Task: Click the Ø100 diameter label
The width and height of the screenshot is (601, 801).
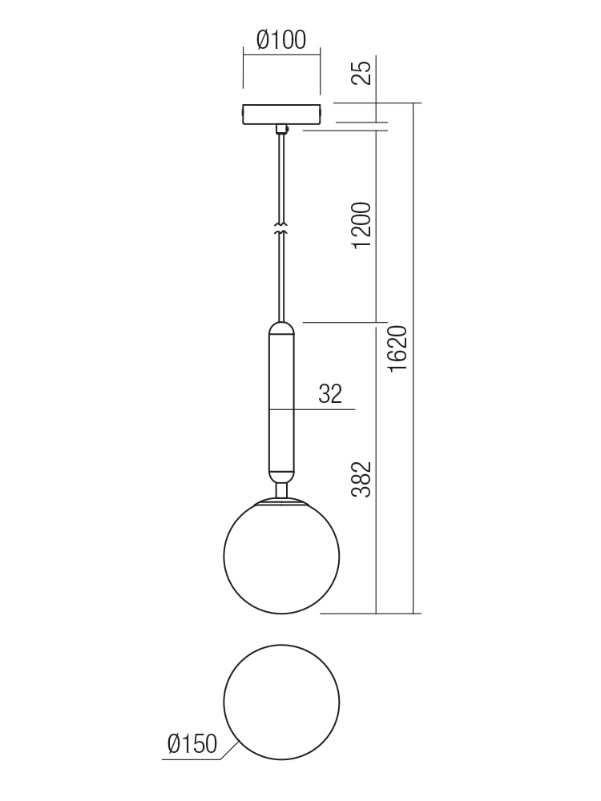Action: coord(281,40)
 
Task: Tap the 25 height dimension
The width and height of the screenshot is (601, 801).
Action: coord(362,73)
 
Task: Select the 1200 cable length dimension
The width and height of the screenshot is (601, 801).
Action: coord(362,225)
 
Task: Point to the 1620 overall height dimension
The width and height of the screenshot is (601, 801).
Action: coord(397,348)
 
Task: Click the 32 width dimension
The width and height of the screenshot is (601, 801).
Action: coord(329,394)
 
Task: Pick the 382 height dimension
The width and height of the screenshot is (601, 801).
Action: coord(362,479)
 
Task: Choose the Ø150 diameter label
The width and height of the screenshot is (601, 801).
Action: coord(192,744)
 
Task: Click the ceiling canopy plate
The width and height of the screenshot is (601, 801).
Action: coord(281,114)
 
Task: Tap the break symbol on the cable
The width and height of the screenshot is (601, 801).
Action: coord(280,229)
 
